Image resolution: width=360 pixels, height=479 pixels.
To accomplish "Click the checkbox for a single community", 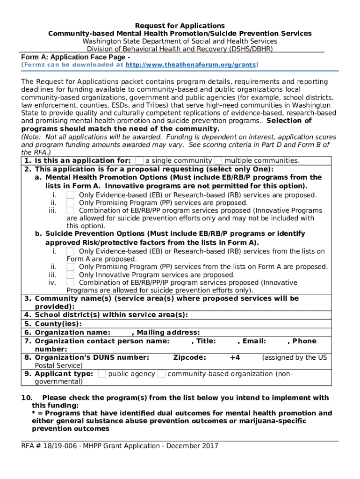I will tap(139, 160).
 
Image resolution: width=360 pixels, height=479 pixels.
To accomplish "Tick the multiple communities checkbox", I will tap(218, 160).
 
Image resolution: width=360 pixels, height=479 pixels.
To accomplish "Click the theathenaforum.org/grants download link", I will tap(191, 65).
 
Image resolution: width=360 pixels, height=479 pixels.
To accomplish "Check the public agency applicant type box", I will tap(101, 374).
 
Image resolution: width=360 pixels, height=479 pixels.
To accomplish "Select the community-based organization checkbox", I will tap(161, 374).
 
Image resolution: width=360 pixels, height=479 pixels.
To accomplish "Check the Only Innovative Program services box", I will tap(70, 275).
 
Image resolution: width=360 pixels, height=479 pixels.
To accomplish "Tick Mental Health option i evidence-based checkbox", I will tap(70, 195).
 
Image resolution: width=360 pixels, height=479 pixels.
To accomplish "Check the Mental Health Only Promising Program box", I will tap(70, 203).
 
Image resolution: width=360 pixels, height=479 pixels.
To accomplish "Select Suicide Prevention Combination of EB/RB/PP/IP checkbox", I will tap(70, 283).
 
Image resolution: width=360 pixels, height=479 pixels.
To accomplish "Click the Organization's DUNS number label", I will tap(92, 357).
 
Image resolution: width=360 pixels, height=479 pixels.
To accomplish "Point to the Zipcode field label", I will tap(189, 357).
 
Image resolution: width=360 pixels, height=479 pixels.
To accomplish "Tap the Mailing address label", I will tap(168, 333).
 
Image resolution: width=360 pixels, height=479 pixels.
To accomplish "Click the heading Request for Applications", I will tap(180, 26).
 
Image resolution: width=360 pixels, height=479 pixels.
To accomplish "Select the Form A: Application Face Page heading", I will tap(75, 57).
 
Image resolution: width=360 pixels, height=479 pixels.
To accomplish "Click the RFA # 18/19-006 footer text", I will tap(120, 446).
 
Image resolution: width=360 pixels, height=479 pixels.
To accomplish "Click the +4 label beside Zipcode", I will tap(235, 357).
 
